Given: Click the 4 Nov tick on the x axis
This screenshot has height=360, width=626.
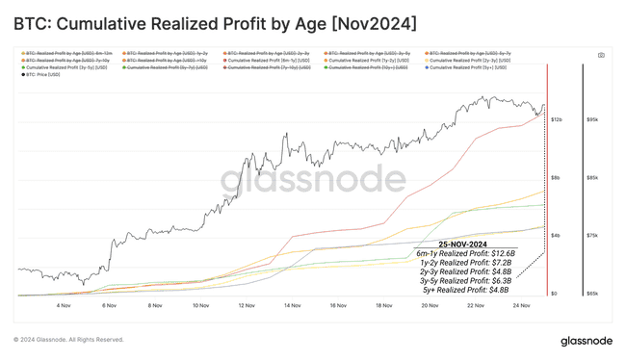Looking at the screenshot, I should pos(64,306).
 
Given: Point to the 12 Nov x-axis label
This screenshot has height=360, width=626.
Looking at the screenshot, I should pos(247,306).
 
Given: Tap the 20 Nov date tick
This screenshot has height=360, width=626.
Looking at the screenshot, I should pos(430,306).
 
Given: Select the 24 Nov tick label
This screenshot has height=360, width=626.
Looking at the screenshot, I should pos(521,306).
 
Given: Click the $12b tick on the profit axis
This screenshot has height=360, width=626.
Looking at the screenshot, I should pos(556,119).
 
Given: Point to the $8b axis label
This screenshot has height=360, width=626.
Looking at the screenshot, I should pos(555,178).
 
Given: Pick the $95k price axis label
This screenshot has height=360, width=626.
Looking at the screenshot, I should pos(592,119).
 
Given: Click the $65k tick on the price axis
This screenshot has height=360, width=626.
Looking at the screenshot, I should pos(592,295).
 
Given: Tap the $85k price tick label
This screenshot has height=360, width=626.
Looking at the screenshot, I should pos(592,178).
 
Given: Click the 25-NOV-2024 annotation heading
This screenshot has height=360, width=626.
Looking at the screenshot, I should pos(471,244).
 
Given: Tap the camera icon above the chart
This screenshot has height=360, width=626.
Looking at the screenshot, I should pos(601,56).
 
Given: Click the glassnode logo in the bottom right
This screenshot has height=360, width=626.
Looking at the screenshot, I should pos(587,341).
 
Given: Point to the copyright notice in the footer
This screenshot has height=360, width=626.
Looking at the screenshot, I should pos(69,340).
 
